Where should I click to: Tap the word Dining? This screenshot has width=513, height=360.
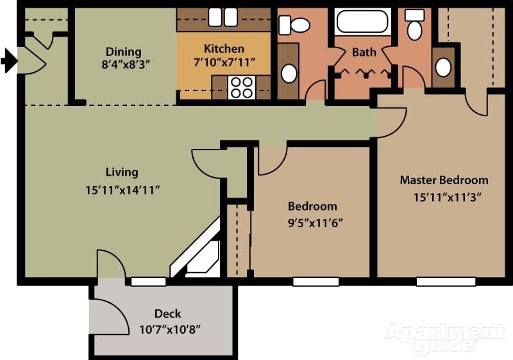coord(123,51)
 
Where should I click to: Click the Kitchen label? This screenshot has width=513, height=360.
coord(224,49)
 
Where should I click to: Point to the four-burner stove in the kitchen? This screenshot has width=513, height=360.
coord(241,87)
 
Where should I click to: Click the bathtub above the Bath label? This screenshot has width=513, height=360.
coord(362,21)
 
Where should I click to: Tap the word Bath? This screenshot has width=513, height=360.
coord(363,51)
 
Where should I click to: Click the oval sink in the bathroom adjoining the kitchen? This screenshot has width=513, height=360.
coord(289,73)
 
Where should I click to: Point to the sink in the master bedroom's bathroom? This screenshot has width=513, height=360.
coord(442,67)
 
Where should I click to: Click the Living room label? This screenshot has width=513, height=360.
coord(122,172)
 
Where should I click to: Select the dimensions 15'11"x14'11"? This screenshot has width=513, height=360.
coord(122,189)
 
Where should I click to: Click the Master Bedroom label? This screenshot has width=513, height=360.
coord(444,180)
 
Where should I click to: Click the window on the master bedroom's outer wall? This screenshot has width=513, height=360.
coord(446,281)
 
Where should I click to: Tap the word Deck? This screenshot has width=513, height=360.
coord(167,314)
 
